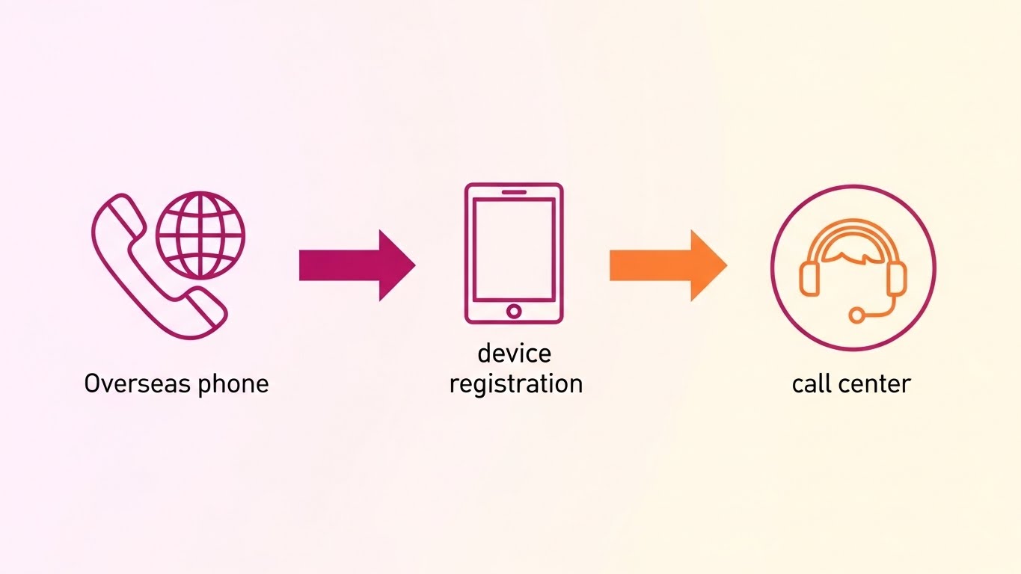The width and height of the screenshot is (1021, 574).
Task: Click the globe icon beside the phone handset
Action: point(200,235)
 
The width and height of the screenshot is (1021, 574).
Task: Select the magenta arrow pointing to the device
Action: point(356,265)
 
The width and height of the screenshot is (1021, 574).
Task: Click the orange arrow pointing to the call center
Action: point(667,265)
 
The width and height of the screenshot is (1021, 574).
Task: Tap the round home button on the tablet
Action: point(514,310)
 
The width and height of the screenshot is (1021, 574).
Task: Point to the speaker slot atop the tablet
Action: point(514,192)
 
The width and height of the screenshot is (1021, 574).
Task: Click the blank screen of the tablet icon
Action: point(514,249)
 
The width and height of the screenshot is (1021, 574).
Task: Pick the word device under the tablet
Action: point(514,353)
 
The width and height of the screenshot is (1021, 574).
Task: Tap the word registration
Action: point(515,384)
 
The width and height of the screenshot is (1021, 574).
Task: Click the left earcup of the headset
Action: point(809,277)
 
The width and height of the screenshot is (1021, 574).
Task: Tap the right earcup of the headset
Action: point(897,277)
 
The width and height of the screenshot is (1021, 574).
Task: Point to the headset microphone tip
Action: point(856,316)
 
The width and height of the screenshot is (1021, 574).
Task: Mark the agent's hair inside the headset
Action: point(853,255)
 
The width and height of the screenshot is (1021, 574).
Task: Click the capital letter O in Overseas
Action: point(92,384)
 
